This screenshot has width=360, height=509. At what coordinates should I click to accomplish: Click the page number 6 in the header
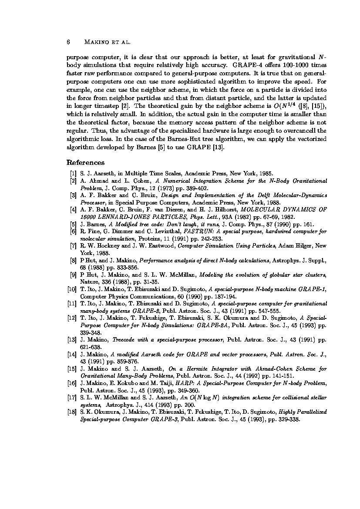tap(68, 42)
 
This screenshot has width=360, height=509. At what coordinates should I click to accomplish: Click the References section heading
tap(85, 163)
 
